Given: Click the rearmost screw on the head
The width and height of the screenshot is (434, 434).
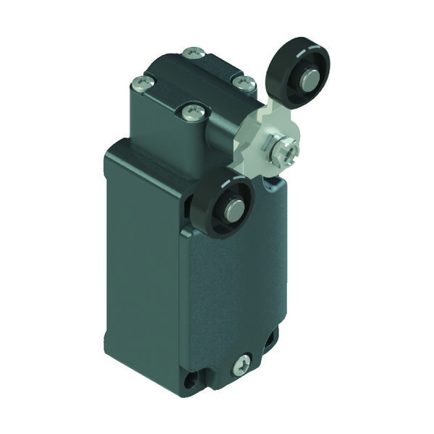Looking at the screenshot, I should pyautogui.click(x=192, y=52).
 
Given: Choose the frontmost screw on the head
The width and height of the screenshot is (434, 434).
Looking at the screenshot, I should pyautogui.click(x=190, y=111).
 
